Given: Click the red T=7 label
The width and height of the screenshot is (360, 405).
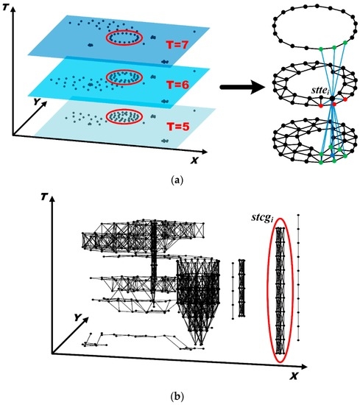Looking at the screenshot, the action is pos(177,46).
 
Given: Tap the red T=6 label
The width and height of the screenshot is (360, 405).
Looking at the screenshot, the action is pos(178,85).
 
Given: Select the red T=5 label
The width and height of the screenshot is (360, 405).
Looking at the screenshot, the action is pos(177,127).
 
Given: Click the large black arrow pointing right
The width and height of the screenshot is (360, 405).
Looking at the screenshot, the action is pos(243,88).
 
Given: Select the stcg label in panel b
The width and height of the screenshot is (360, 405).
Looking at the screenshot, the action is pos(262,218).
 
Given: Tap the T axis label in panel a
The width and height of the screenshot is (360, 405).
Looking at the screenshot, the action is pos(5,7).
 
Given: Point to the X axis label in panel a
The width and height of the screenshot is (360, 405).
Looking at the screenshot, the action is pos(194,161).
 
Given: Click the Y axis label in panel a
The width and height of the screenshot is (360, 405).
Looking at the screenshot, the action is pos(37,102).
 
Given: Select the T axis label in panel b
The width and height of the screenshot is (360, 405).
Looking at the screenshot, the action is pos(45,197).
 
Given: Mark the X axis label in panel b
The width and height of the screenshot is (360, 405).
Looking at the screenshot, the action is pos(294,376).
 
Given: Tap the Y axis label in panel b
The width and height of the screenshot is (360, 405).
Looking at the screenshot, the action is pos(77,317).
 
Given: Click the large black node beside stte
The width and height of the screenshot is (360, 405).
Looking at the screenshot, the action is pos(332,99).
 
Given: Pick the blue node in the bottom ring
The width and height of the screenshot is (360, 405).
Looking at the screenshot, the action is pos(333,155).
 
